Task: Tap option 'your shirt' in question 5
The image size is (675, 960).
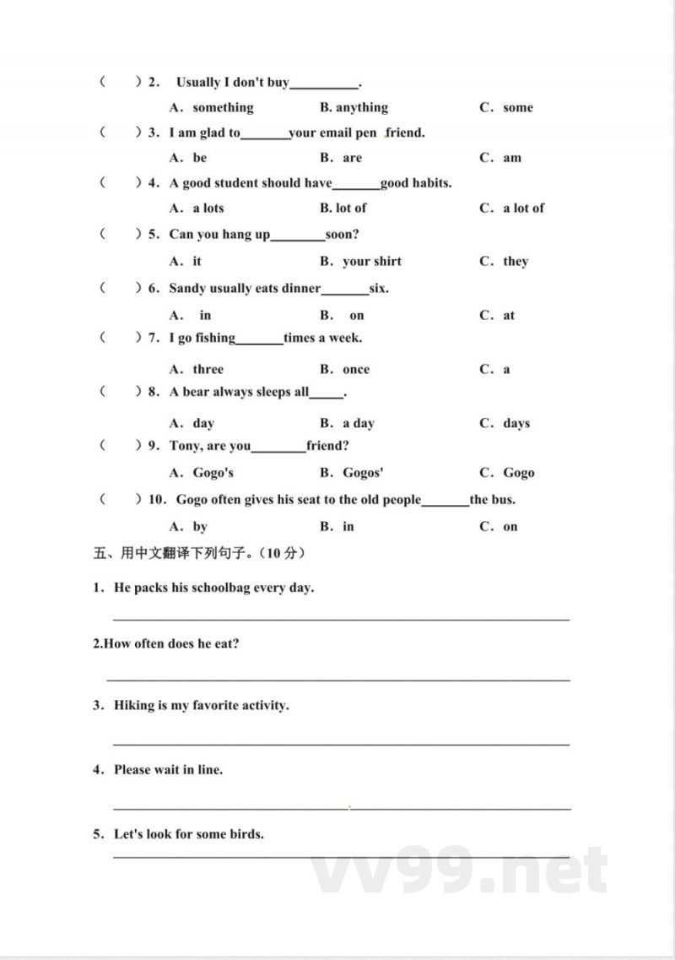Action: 372,261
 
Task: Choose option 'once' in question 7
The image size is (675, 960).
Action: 356,369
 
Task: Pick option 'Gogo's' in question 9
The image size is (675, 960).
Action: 213,473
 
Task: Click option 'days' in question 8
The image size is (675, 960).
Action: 516,423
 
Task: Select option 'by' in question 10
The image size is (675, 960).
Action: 200,526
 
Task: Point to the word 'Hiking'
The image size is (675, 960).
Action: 134,704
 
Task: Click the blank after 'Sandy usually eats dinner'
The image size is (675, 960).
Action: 345,290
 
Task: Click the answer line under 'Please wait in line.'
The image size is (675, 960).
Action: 342,807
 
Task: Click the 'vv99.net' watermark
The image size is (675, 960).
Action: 460,871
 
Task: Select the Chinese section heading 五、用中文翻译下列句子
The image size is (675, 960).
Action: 199,554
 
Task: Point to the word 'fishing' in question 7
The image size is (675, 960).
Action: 215,338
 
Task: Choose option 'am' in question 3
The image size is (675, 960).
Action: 512,158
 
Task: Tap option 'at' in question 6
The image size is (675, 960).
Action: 509,315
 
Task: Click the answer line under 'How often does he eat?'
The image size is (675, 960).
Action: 337,678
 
